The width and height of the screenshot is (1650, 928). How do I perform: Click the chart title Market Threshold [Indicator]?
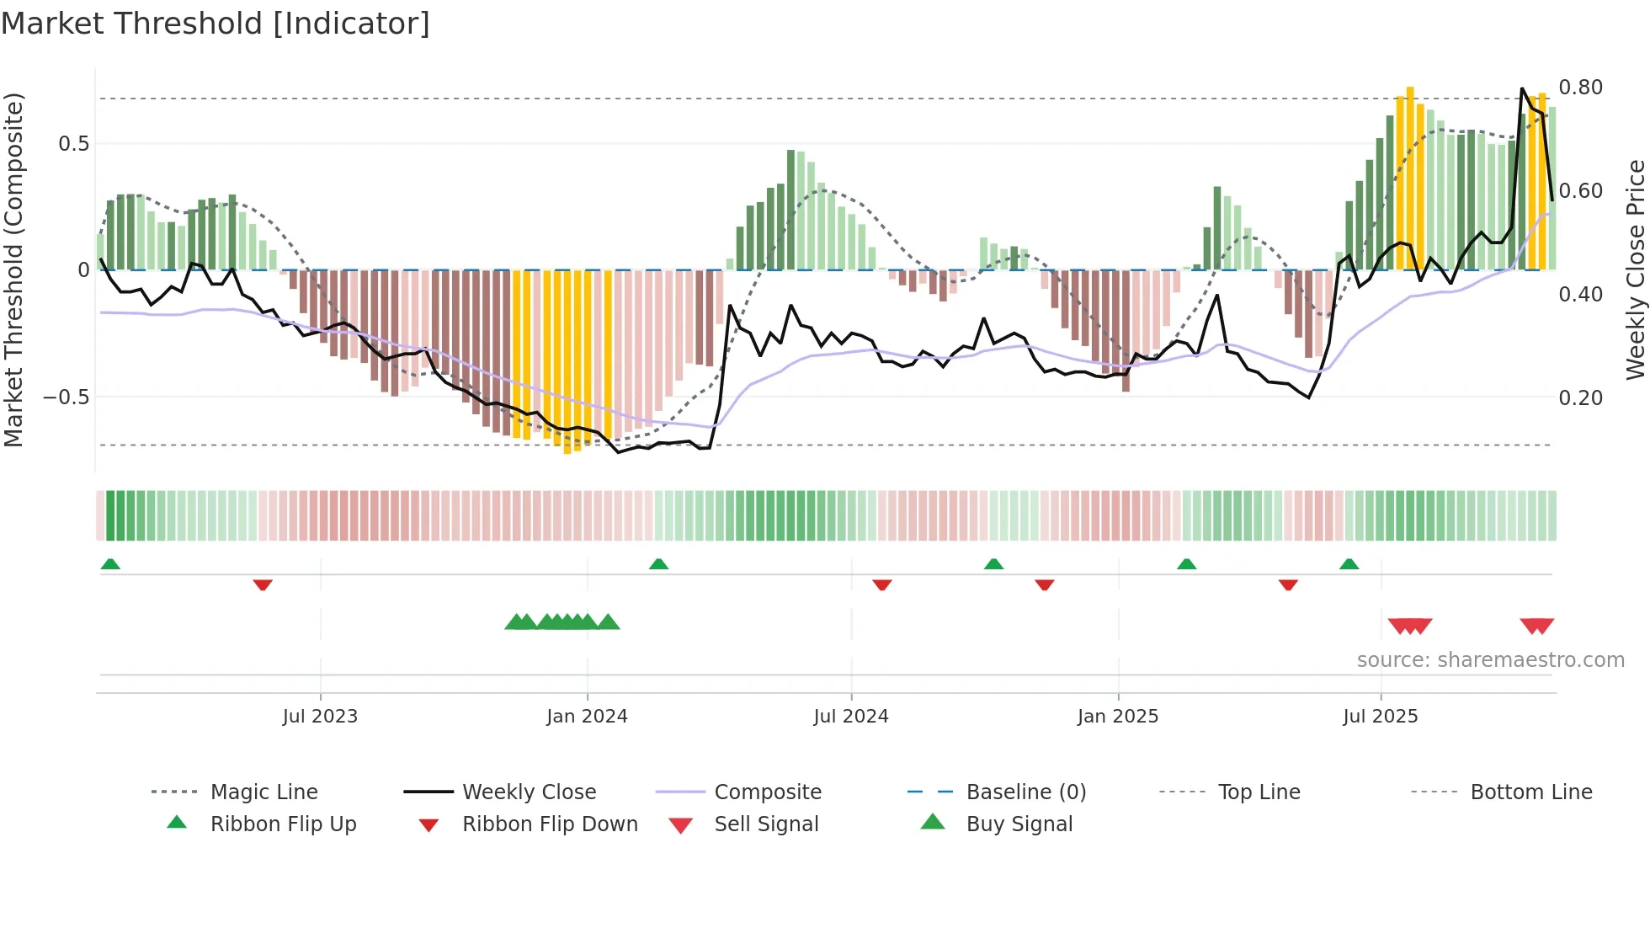[x=216, y=24]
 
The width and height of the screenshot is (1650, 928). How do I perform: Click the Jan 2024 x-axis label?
[x=587, y=717]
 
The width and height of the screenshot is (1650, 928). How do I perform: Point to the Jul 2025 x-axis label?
[x=1380, y=717]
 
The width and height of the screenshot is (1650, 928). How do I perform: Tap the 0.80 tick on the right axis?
[x=1580, y=88]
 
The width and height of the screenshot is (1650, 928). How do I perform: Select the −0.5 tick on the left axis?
[x=66, y=397]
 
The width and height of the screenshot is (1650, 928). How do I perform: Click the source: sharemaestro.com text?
[x=1490, y=660]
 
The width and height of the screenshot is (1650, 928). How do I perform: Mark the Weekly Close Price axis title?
[x=1635, y=269]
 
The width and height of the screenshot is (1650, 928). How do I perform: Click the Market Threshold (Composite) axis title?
[x=13, y=269]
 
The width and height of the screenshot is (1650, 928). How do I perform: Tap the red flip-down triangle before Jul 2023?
[x=263, y=584]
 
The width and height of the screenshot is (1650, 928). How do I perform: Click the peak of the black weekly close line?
[x=1522, y=88]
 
